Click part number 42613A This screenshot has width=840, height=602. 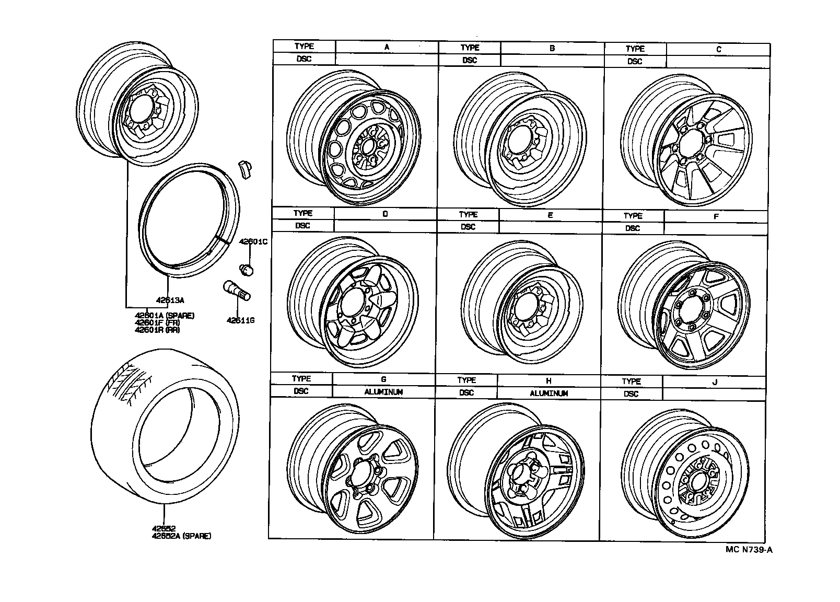(170, 300)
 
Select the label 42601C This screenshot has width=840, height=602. (253, 242)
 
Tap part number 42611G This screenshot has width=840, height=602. (240, 320)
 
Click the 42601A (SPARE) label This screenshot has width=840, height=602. (165, 316)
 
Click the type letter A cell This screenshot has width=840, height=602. (387, 47)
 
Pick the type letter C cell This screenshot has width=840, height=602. (718, 50)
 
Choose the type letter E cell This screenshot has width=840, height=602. (550, 215)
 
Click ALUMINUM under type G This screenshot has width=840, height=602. (383, 392)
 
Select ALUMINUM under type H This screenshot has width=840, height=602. (549, 393)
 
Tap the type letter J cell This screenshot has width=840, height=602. (715, 382)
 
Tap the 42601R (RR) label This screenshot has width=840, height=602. (157, 330)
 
